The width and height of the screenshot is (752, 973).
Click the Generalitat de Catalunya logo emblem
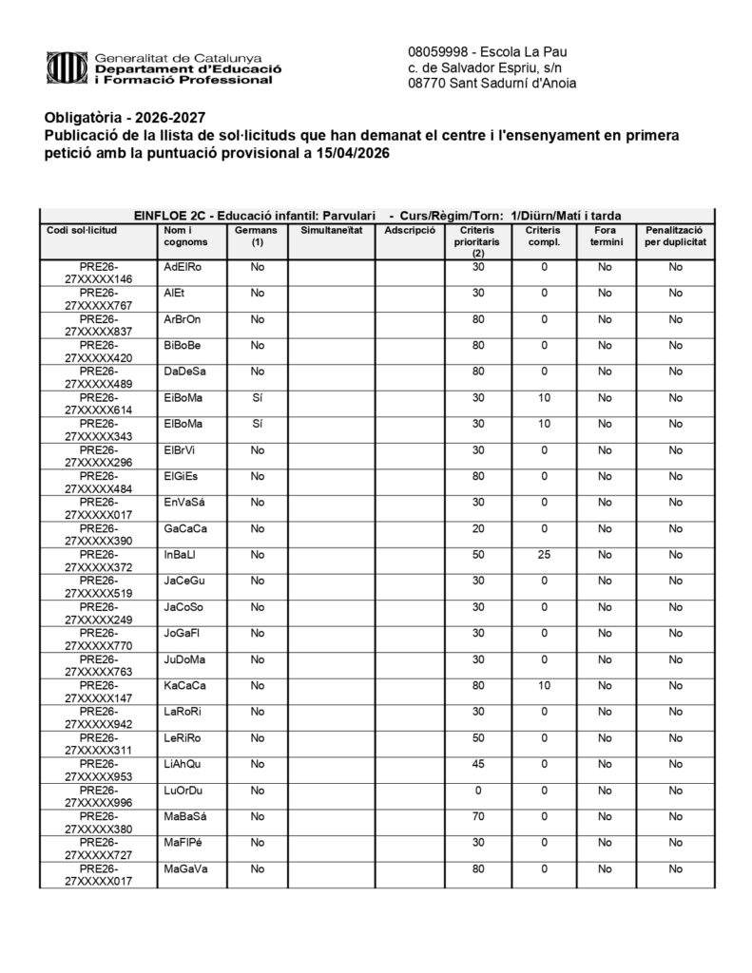67,68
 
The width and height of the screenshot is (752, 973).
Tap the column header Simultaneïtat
331,231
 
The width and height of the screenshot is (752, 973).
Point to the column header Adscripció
410,231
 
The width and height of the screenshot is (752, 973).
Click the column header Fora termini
604,236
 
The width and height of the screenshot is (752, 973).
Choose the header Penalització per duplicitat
674,236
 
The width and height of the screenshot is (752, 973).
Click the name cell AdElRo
183,267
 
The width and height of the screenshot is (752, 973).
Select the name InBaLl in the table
180,555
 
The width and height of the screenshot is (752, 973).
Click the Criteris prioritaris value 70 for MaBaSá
478,816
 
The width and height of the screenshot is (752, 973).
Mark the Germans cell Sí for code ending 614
257,398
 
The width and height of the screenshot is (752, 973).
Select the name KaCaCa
184,686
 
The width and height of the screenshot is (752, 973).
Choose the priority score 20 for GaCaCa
478,528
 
